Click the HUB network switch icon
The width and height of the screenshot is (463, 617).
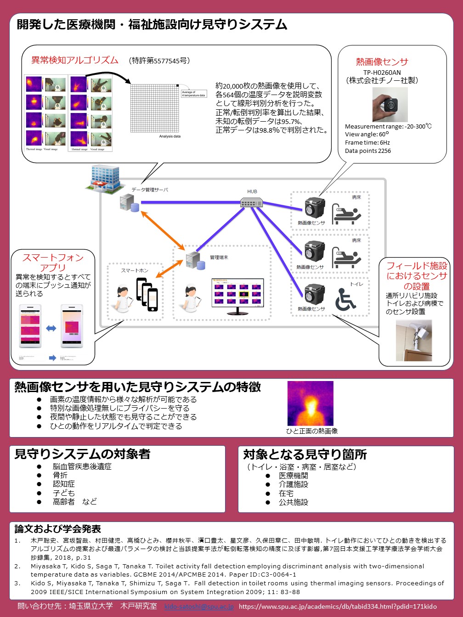click(252, 202)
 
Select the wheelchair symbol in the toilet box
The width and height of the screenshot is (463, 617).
click(345, 299)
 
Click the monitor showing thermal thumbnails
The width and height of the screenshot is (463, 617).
click(237, 296)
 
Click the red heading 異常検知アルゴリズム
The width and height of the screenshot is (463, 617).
click(75, 60)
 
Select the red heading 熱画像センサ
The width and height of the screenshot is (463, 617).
click(382, 62)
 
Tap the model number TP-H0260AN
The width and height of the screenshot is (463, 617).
click(382, 73)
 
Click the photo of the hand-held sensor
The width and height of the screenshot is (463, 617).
click(390, 104)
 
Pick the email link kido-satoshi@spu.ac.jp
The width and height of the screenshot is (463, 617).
click(199, 606)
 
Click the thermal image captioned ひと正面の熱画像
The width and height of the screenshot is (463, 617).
click(310, 404)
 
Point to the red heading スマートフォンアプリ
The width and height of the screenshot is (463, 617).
click(53, 262)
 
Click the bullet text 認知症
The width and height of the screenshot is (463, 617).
click(64, 484)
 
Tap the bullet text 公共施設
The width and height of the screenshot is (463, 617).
click(294, 502)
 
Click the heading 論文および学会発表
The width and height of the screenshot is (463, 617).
click(58, 529)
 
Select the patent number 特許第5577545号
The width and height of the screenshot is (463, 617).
click(159, 61)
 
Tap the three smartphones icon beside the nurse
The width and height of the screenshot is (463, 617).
click(147, 294)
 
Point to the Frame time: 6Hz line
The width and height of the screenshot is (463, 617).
click(367, 143)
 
